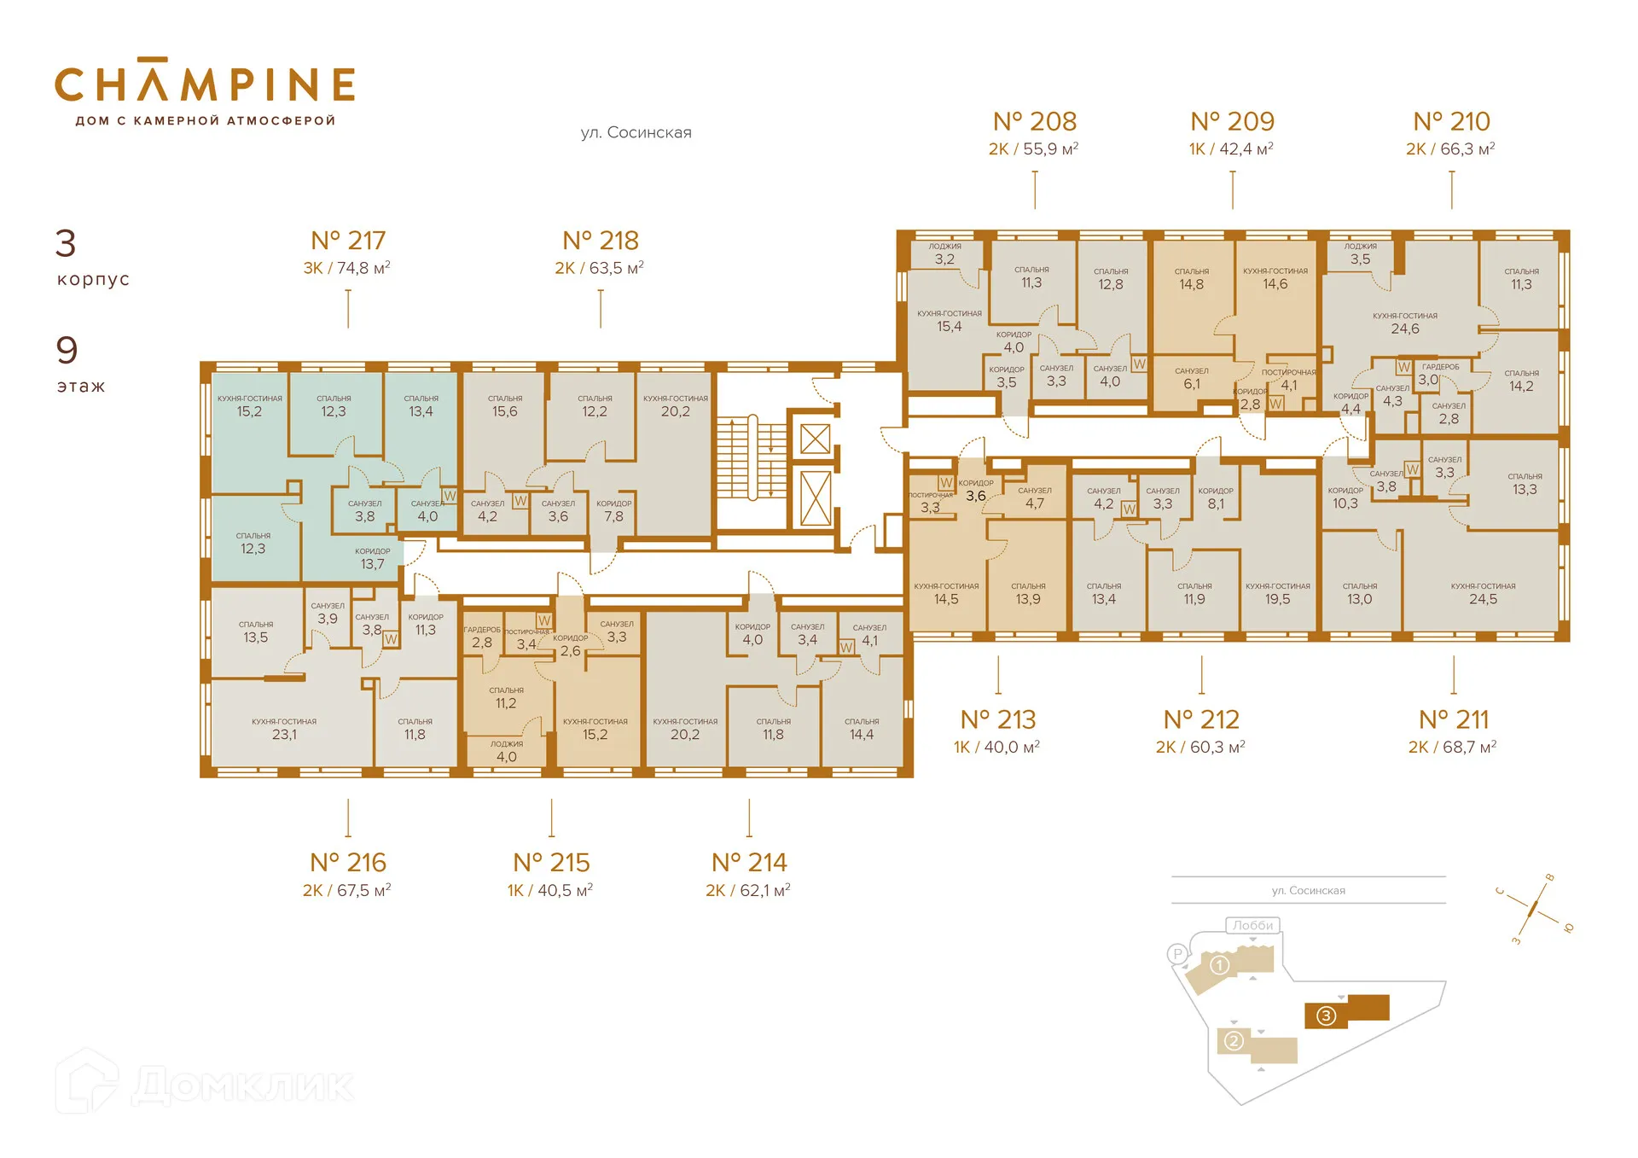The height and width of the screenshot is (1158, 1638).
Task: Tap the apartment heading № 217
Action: [x=348, y=241]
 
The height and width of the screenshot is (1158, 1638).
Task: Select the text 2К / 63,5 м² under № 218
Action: [x=599, y=268]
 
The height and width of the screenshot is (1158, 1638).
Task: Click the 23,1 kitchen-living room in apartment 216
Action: [x=284, y=728]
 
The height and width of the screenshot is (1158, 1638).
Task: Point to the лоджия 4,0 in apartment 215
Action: [x=506, y=751]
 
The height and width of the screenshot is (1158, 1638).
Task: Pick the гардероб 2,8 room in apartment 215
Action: [x=482, y=637]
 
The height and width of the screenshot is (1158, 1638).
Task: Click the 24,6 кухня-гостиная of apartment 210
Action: [x=1404, y=323]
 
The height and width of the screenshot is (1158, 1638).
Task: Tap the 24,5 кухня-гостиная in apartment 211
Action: [x=1483, y=593]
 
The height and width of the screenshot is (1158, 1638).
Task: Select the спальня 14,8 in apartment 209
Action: [x=1191, y=278]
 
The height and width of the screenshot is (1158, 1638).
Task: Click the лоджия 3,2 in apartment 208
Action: [x=944, y=253]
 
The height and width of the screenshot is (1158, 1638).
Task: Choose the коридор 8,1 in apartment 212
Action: [x=1215, y=498]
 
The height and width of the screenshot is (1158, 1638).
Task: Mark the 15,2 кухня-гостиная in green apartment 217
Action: [x=249, y=405]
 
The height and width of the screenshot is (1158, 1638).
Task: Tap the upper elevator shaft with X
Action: [x=815, y=439]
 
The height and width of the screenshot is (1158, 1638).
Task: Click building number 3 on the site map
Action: [x=1326, y=1015]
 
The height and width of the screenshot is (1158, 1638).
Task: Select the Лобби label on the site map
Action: [x=1252, y=925]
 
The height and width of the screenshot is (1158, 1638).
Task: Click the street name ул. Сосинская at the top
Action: [x=636, y=132]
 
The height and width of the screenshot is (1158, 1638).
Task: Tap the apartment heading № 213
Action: [x=997, y=719]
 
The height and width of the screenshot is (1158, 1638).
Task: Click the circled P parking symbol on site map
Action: [x=1177, y=954]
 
